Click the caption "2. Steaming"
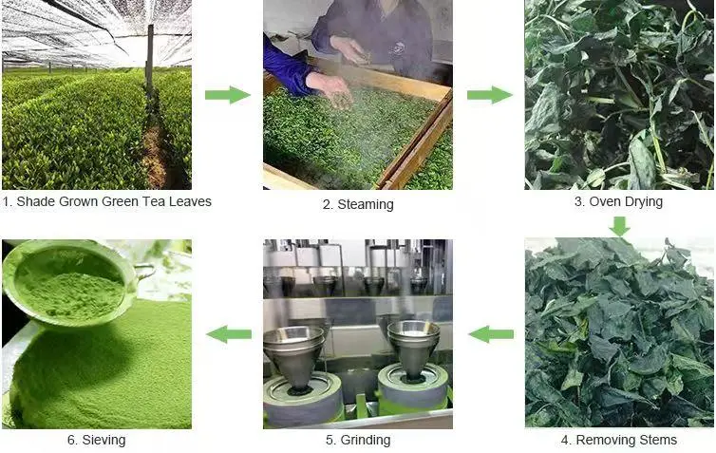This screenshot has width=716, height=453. pyautogui.click(x=358, y=204)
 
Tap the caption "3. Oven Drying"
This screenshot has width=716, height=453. pyautogui.click(x=619, y=201)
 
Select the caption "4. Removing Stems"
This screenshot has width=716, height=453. pyautogui.click(x=619, y=440)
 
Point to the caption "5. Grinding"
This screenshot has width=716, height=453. pyautogui.click(x=358, y=440)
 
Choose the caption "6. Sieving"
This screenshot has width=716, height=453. pyautogui.click(x=96, y=440)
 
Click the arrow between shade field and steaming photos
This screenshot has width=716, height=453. pyautogui.click(x=228, y=95)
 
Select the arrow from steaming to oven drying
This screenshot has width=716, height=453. pyautogui.click(x=489, y=95)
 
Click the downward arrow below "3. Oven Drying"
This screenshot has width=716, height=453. pyautogui.click(x=620, y=226)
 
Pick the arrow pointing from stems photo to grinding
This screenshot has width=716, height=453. pyautogui.click(x=491, y=334)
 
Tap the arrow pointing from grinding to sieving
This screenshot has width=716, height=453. pyautogui.click(x=229, y=334)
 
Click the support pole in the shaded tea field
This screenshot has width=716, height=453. pyautogui.click(x=150, y=57)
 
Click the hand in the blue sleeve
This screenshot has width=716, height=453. pyautogui.click(x=330, y=88)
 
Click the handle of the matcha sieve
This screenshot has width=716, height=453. pyautogui.click(x=143, y=273)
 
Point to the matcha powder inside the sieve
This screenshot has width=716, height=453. pyautogui.click(x=69, y=294)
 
